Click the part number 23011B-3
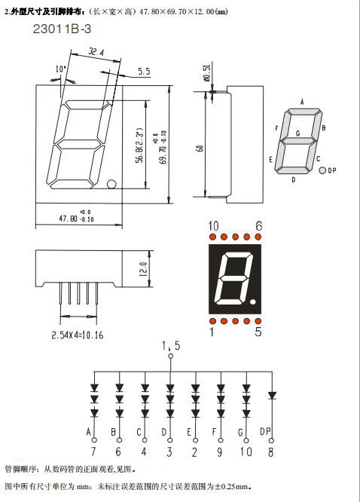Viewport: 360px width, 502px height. pyautogui.click(x=66, y=30)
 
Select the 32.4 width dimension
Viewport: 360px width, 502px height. pyautogui.click(x=95, y=53)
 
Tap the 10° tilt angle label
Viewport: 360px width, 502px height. pyautogui.click(x=61, y=70)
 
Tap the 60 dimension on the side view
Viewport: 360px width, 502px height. pyautogui.click(x=200, y=148)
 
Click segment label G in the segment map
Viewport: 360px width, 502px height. pyautogui.click(x=298, y=133)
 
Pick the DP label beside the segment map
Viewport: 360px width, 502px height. pyautogui.click(x=331, y=170)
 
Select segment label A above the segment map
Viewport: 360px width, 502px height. pyautogui.click(x=302, y=102)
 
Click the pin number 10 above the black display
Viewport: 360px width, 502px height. pyautogui.click(x=214, y=225)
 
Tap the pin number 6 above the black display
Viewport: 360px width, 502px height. pyautogui.click(x=258, y=225)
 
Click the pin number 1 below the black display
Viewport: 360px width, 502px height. pyautogui.click(x=213, y=332)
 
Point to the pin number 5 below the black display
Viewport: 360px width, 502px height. pyautogui.click(x=258, y=332)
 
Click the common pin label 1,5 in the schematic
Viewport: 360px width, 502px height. pyautogui.click(x=170, y=345)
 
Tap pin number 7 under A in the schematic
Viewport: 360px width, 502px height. pyautogui.click(x=93, y=452)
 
